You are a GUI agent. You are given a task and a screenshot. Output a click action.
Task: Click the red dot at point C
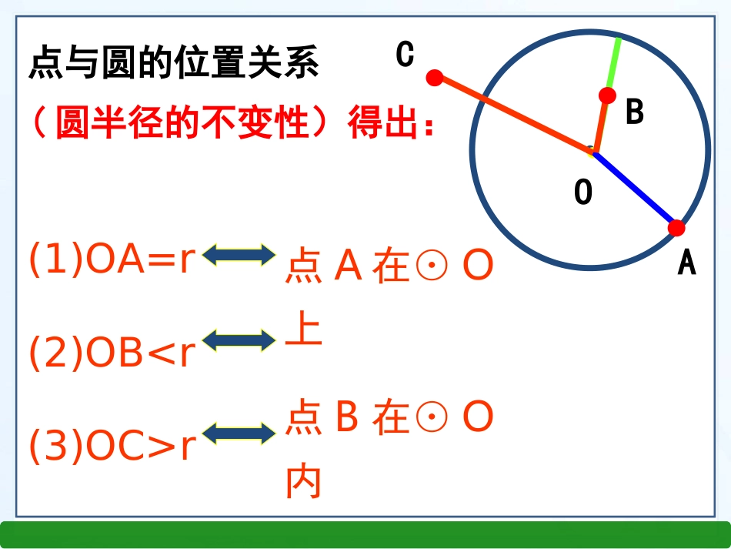pyautogui.click(x=435, y=77)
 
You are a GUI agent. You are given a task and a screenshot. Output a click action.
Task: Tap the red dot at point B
pyautogui.click(x=607, y=95)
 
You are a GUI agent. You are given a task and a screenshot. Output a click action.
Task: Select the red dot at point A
pyautogui.click(x=676, y=228)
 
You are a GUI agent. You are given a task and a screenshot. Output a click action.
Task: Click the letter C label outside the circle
pyautogui.click(x=405, y=55)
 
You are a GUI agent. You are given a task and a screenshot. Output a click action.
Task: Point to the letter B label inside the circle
pyautogui.click(x=634, y=112)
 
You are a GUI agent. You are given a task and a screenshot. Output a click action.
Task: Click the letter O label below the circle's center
pyautogui.click(x=583, y=192)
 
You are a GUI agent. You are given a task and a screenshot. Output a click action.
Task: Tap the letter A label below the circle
pyautogui.click(x=686, y=263)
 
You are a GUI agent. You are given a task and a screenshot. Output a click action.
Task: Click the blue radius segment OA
pyautogui.click(x=634, y=189)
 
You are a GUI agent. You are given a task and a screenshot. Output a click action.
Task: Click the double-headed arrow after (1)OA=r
pyautogui.click(x=239, y=255)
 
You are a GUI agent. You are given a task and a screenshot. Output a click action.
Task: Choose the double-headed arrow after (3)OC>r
pyautogui.click(x=239, y=433)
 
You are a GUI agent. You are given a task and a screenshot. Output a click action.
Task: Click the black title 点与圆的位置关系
pyautogui.click(x=173, y=63)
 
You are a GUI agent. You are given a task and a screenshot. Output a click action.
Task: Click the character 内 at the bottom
pyautogui.click(x=303, y=484)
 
